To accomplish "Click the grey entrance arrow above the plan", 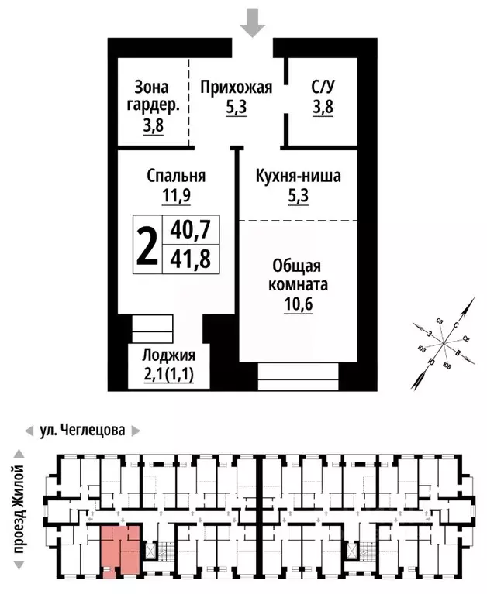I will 251,22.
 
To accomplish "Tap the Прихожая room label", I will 236,87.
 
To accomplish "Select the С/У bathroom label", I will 322,87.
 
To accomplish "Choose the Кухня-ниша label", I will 299,176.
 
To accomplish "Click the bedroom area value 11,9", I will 176,196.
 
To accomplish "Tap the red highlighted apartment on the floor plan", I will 121,549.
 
